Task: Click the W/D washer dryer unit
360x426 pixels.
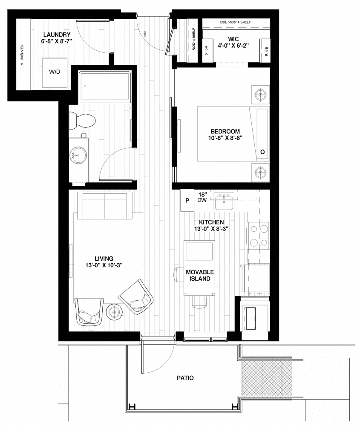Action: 55,72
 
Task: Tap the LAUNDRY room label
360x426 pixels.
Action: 56,35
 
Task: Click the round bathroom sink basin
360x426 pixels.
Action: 78,154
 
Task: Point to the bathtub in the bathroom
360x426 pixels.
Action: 104,86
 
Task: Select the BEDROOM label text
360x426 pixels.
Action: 225,131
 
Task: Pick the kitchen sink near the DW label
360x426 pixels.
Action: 224,201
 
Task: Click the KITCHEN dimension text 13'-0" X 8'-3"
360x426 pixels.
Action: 211,229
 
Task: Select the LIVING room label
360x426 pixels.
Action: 104,258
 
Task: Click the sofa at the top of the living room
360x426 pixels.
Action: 104,206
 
